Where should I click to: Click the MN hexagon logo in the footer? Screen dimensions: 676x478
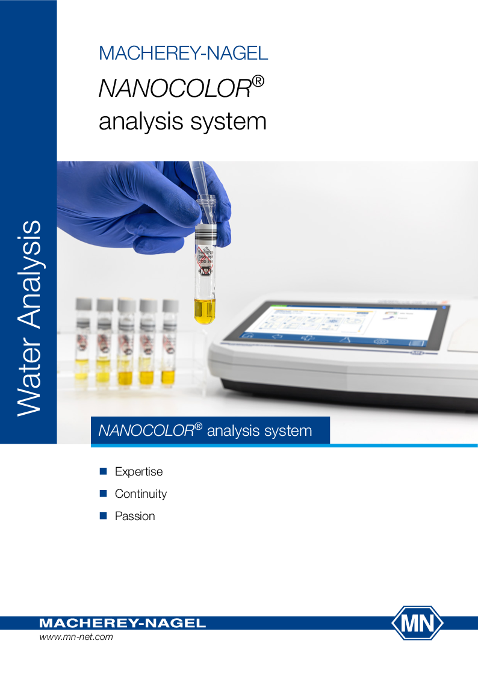[x=417, y=623]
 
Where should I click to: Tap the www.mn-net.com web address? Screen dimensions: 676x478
[x=76, y=637]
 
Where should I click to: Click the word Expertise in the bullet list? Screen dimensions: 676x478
[x=138, y=471]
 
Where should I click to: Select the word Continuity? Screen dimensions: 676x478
[x=141, y=494]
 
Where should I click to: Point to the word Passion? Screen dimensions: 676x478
[x=135, y=516]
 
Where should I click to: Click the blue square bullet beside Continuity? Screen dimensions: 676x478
[x=102, y=494]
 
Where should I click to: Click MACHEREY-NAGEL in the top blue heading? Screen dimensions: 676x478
[x=183, y=53]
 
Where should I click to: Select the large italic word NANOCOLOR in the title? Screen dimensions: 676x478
[x=175, y=88]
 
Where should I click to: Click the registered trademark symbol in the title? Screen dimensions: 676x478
[x=258, y=81]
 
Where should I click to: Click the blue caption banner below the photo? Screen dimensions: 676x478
[x=210, y=430]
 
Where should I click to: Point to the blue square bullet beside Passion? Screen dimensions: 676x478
[x=102, y=516]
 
